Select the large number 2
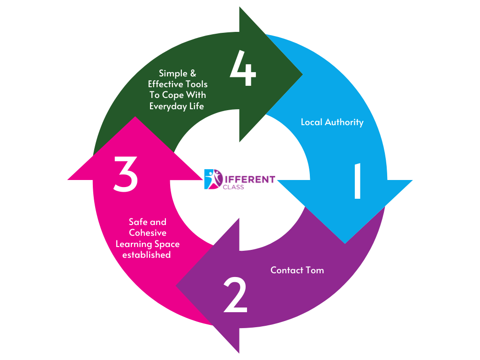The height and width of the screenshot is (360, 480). pyautogui.click(x=235, y=295)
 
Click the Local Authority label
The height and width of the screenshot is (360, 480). pyautogui.click(x=332, y=122)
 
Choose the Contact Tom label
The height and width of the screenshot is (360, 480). pyautogui.click(x=297, y=270)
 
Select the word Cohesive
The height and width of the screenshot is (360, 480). pyautogui.click(x=148, y=233)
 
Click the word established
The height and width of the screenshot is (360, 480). pyautogui.click(x=146, y=255)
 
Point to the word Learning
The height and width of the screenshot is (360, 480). pyautogui.click(x=136, y=244)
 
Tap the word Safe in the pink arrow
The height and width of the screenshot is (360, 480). pyautogui.click(x=137, y=222)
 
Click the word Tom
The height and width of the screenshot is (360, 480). pyautogui.click(x=315, y=270)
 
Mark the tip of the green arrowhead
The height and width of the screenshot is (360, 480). pyautogui.click(x=302, y=74)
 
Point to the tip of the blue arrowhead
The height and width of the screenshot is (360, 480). pyautogui.click(x=345, y=243)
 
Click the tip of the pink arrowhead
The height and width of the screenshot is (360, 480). pyautogui.click(x=135, y=117)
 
